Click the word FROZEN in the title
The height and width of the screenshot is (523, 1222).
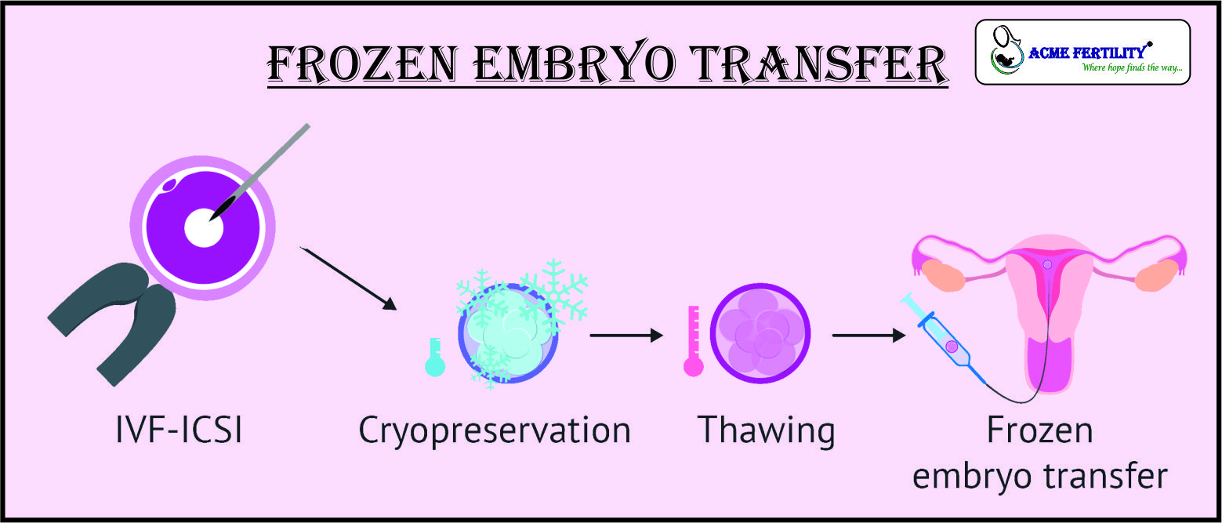click(361, 64)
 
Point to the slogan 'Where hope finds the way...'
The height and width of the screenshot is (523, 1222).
click(1133, 67)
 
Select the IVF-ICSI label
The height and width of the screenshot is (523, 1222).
click(179, 430)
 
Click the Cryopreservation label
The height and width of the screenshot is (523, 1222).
click(495, 432)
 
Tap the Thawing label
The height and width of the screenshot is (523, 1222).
click(767, 432)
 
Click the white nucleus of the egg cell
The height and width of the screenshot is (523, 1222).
click(204, 227)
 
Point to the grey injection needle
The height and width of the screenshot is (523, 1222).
click(259, 172)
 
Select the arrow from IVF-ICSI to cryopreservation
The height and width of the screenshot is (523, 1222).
click(348, 278)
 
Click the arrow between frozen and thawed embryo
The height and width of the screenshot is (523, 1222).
click(626, 335)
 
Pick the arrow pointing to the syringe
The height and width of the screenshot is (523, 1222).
click(868, 335)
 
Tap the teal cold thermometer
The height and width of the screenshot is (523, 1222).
click(435, 358)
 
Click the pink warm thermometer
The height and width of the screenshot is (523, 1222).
click(694, 341)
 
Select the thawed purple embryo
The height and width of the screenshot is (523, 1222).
click(760, 333)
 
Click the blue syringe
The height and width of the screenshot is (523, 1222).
click(945, 339)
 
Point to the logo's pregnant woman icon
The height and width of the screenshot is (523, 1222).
click(1006, 50)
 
